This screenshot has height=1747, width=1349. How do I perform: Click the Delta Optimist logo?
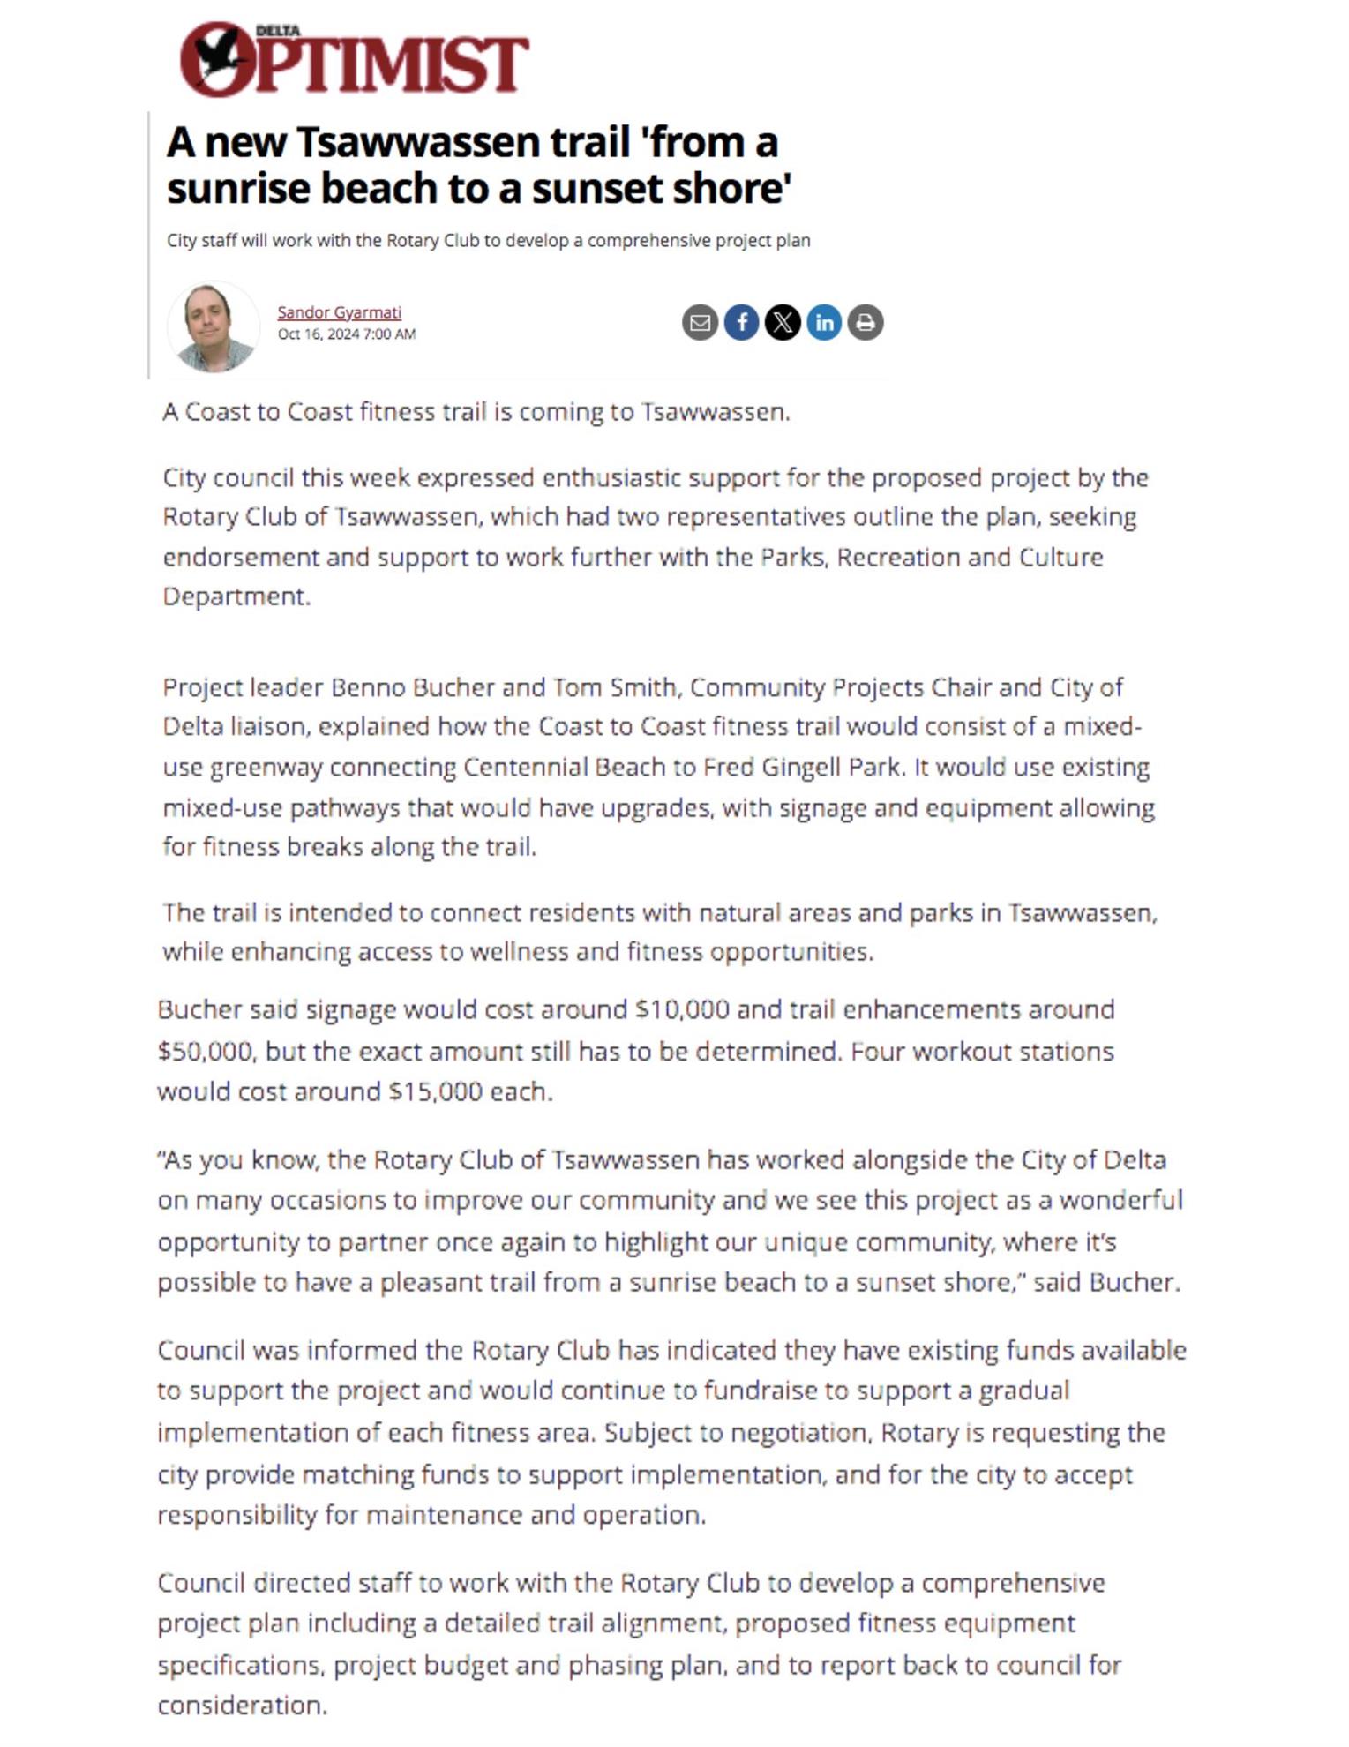tap(354, 60)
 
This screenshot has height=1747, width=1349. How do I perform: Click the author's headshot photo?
tap(213, 326)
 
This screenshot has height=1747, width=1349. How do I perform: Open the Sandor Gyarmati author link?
tap(339, 312)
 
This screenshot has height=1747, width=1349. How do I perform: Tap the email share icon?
tap(700, 322)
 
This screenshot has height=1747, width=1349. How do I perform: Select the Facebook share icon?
tap(741, 322)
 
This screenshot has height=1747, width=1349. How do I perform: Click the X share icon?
tap(783, 322)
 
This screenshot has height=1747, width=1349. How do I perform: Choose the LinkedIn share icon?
tap(824, 322)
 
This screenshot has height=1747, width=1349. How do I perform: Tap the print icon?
tap(866, 322)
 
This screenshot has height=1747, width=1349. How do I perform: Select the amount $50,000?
tap(206, 1052)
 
